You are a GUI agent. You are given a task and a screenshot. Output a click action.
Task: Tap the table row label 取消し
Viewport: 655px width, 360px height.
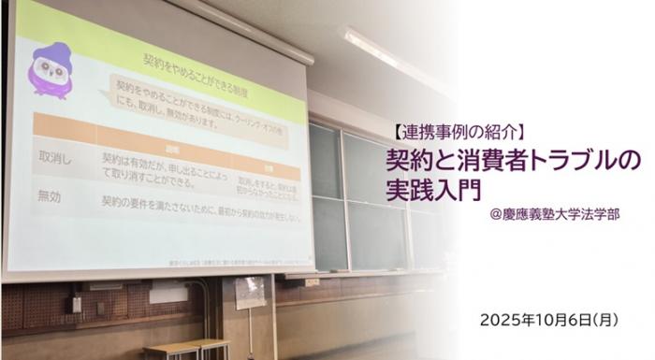(x=51, y=161)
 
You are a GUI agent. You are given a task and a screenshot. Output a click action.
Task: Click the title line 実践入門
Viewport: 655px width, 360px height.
(x=432, y=189)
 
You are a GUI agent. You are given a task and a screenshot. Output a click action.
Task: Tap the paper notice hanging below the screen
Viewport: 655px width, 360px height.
(x=250, y=293)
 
